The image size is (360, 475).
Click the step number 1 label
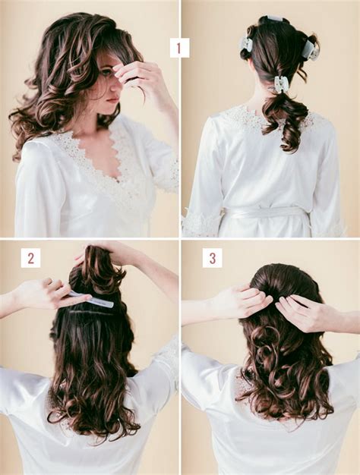pos(179,48)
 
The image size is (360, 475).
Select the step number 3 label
pos(213,258)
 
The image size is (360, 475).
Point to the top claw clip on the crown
pos(273,20)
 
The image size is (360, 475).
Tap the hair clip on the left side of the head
pos(246,45)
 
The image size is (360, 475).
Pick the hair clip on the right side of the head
pos(310,48)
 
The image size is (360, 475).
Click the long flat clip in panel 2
pos(90,299)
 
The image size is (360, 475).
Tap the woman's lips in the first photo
pos(112,99)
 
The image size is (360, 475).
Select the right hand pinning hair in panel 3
pos(303,310)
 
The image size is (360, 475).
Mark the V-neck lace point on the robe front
pos(117,181)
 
